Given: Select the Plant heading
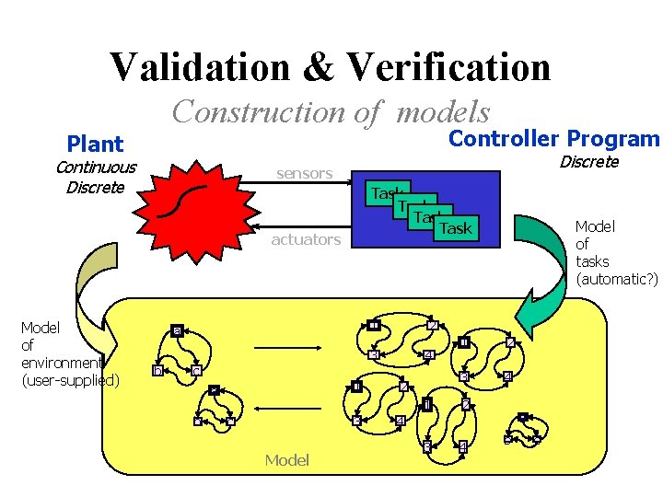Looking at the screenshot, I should click(95, 144).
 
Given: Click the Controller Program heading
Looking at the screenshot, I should click(553, 138).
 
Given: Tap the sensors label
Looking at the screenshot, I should click(305, 172).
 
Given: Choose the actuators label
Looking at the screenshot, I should click(306, 239).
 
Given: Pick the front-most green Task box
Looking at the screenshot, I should click(455, 228).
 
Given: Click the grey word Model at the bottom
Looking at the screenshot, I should click(286, 459).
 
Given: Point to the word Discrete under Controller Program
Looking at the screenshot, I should click(589, 162).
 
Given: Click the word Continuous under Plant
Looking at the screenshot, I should click(96, 167).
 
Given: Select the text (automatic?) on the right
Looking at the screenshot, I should click(616, 279).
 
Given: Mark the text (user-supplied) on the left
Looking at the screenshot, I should click(70, 379).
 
